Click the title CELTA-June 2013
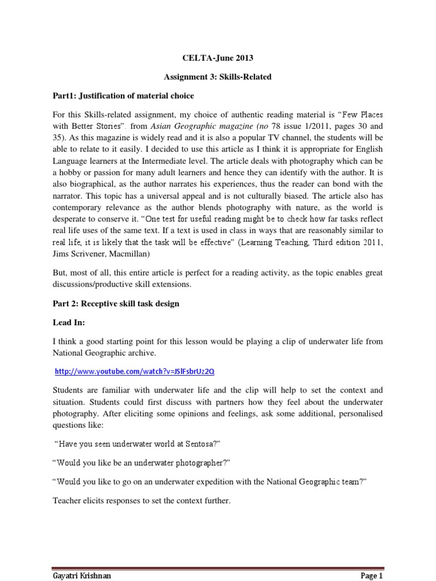click(218, 58)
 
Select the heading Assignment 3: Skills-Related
click(218, 77)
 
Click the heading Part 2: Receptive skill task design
click(115, 304)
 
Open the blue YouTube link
click(135, 372)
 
